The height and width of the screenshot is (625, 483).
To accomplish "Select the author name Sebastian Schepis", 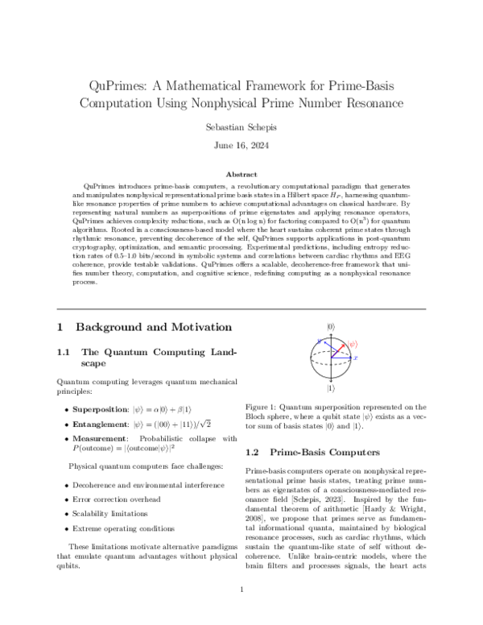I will click(242, 126).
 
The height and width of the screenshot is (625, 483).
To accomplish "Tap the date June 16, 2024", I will click(242, 147).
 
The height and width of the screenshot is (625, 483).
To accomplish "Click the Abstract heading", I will click(242, 174).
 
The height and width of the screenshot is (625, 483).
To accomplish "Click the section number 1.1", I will click(65, 352).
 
